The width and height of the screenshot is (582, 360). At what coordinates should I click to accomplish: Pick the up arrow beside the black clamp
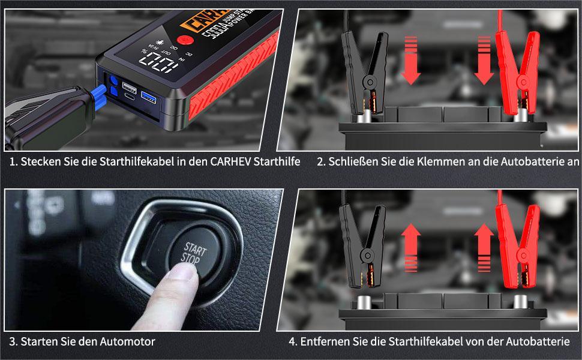pos(410,246)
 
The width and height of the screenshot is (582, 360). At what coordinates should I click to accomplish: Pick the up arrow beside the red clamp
pos(485,246)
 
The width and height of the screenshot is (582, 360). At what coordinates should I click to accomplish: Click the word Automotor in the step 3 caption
pos(127,341)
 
